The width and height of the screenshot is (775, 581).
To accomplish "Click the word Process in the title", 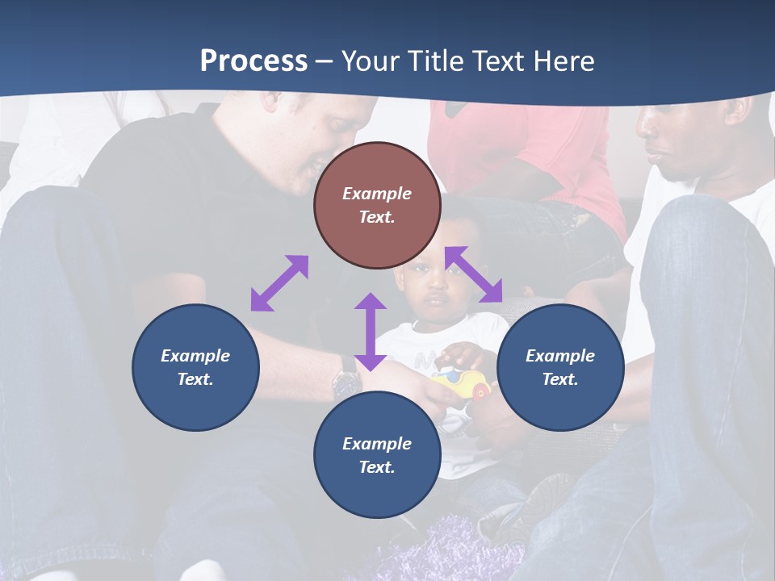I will pos(253,61).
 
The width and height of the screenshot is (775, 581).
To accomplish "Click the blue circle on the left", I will pos(195,367).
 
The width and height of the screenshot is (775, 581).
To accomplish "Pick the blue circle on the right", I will pos(560,367).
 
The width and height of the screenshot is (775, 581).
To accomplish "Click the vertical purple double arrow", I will pos(371,332).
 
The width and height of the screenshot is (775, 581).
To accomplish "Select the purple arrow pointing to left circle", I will pos(279,283).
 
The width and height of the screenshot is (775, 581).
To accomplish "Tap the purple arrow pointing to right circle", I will pos(474,274).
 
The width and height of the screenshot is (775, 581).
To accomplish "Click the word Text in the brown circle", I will pos(377,217).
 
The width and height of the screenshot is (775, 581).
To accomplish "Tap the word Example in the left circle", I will pos(195,356).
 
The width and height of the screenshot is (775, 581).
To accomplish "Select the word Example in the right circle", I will pos(560,356).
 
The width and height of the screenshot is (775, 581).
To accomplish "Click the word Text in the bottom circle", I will pos(377,467).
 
